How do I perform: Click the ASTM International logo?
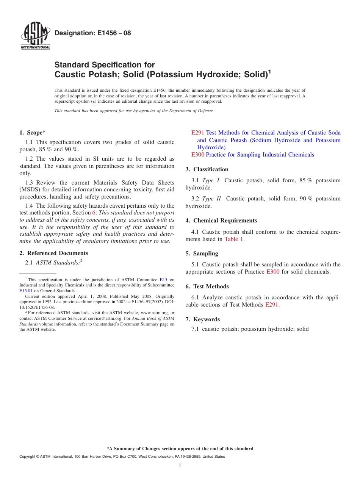[x=35, y=36]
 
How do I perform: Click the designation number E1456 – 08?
[x=92, y=33]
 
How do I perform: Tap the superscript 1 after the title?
[x=269, y=71]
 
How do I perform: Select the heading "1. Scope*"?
[x=32, y=133]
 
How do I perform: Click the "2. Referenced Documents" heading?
[x=53, y=253]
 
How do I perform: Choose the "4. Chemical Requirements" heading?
[x=221, y=221]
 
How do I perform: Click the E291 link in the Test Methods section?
[x=272, y=305]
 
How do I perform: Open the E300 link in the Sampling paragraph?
[x=273, y=272]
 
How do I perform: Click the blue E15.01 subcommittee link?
[x=25, y=291]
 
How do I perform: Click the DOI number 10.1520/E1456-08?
[x=37, y=307]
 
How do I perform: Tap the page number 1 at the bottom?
[x=180, y=466]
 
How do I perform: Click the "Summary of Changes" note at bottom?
[x=180, y=449]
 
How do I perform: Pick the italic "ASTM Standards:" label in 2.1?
[x=58, y=263]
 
